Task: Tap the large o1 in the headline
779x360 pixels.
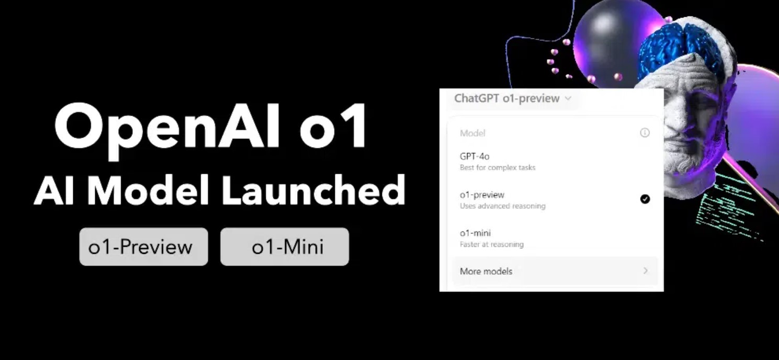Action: (333, 127)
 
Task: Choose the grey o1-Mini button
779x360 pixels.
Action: (285, 247)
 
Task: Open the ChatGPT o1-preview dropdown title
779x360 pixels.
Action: (506, 98)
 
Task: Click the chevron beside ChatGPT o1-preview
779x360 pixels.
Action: (568, 98)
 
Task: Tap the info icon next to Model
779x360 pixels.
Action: (645, 133)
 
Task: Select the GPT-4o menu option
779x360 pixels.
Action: (475, 156)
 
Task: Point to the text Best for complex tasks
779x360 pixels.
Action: (498, 168)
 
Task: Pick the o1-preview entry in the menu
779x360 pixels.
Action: (482, 195)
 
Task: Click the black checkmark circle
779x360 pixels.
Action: (645, 199)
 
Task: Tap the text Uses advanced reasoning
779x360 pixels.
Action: (502, 206)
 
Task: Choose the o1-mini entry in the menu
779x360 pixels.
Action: (475, 233)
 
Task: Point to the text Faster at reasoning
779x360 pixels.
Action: (491, 244)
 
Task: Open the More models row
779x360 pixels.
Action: (486, 271)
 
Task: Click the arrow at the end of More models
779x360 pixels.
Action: (646, 271)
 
